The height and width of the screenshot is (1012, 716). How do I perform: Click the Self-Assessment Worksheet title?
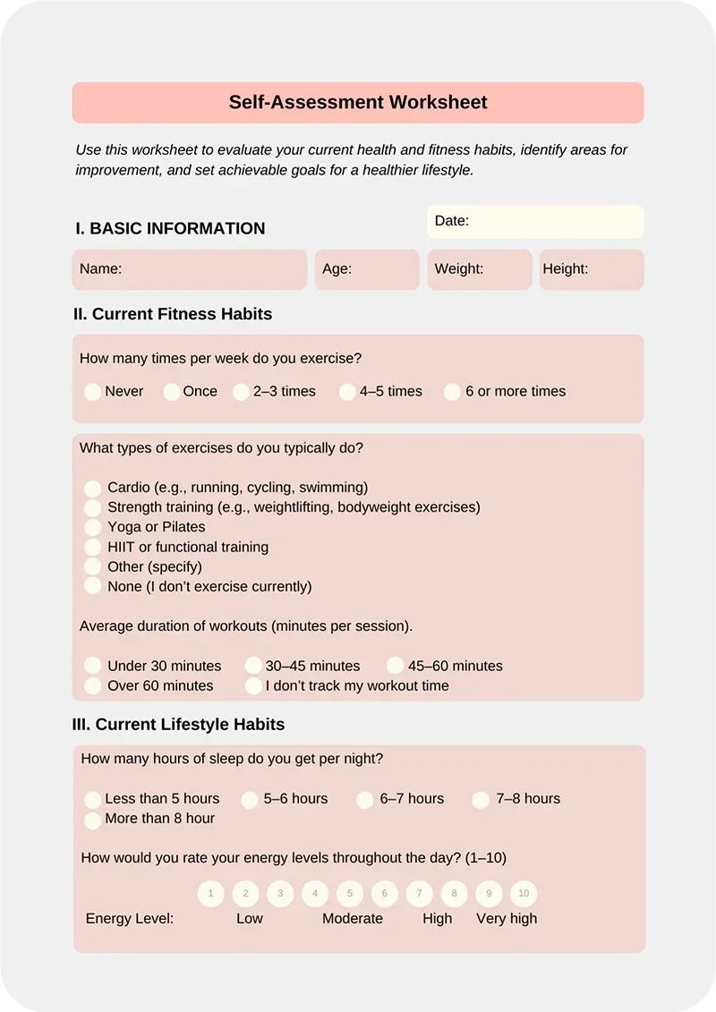click(x=358, y=102)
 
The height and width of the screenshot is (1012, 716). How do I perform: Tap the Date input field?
click(x=535, y=222)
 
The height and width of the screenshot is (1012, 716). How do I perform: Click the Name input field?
click(x=190, y=269)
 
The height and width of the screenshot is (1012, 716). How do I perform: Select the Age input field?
click(x=367, y=269)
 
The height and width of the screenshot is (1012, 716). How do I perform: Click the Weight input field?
click(x=480, y=269)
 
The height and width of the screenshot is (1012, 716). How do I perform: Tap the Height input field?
click(x=591, y=269)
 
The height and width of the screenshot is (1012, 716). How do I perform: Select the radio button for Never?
click(x=92, y=392)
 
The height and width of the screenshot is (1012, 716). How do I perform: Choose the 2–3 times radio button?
click(x=241, y=392)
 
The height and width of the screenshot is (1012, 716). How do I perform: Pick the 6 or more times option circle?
click(x=452, y=392)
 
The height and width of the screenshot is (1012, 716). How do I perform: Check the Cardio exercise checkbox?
click(x=92, y=489)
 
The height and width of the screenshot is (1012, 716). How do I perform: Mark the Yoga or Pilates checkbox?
click(x=92, y=528)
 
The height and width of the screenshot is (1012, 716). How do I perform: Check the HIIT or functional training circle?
click(x=92, y=548)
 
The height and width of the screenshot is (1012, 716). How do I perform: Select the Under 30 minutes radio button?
click(x=92, y=666)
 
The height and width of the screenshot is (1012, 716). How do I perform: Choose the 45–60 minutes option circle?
click(x=396, y=666)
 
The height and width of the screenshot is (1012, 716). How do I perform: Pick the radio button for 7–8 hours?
click(x=481, y=800)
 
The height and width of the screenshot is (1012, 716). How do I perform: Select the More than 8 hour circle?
click(x=92, y=820)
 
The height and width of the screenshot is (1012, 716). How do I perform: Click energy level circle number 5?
click(x=350, y=893)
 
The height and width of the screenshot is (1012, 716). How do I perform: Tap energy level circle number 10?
click(x=524, y=893)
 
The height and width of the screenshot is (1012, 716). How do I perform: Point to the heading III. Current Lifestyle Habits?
click(x=178, y=725)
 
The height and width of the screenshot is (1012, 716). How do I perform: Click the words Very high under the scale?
click(x=507, y=919)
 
